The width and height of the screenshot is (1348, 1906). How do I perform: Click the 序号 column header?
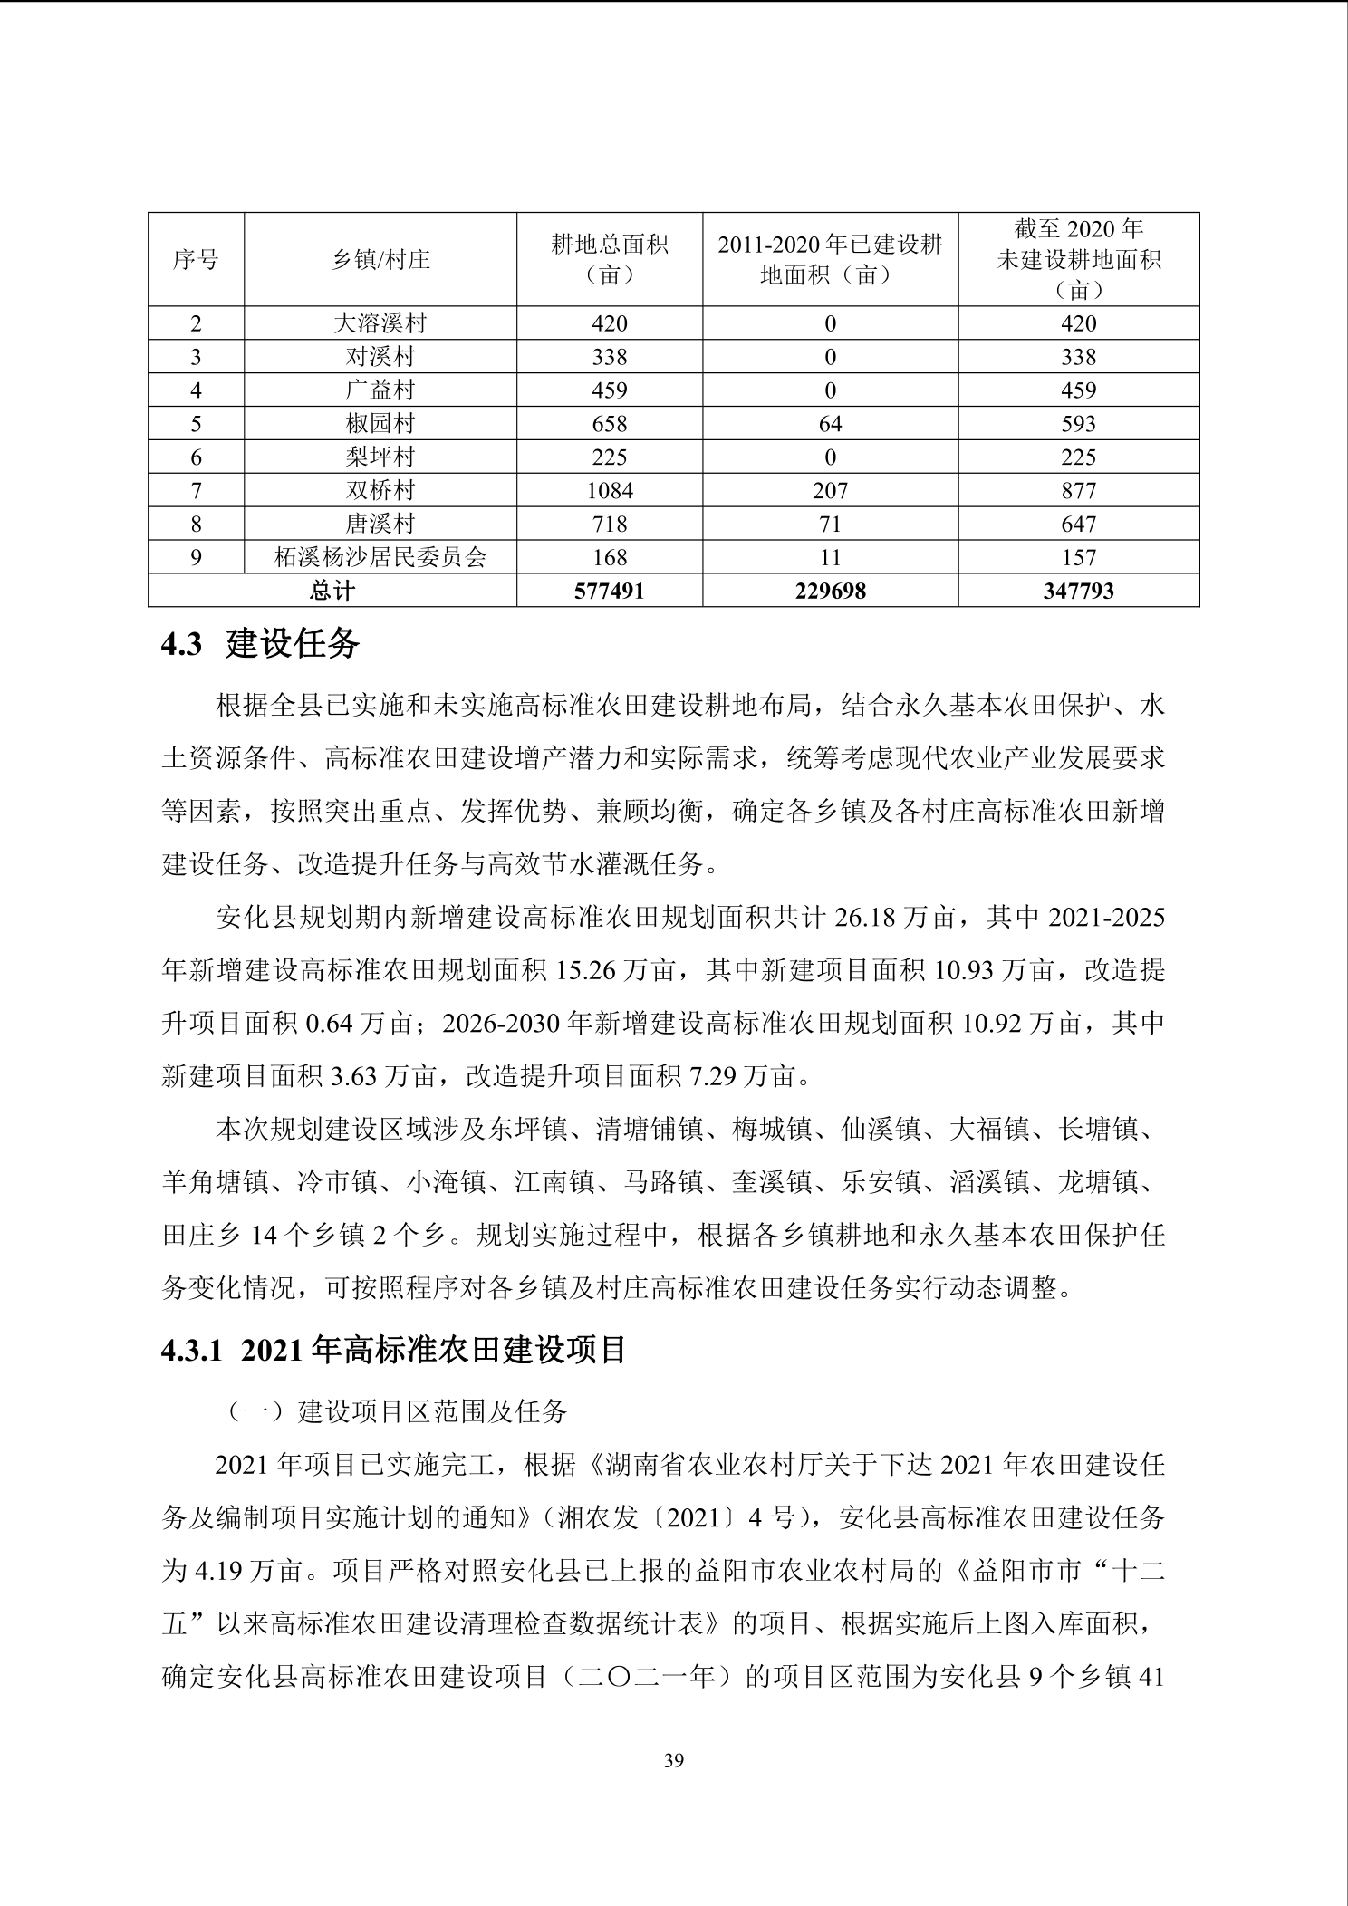coord(196,260)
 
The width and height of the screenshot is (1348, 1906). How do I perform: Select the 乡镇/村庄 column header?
coord(380,260)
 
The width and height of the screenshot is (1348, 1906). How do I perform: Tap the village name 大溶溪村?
coord(380,323)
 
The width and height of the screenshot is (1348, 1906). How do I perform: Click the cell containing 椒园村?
coord(380,423)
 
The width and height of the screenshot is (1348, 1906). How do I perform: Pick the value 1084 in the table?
coord(610,490)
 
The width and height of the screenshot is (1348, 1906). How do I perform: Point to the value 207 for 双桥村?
coord(830,490)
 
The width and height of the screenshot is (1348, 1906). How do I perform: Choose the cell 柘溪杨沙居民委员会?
coord(380,557)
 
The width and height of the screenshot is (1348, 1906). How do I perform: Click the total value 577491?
coord(610,591)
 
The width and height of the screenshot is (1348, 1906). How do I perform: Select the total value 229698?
coord(830,591)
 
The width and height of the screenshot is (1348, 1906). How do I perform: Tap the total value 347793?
coord(1078,591)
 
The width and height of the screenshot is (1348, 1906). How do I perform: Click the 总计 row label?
coord(332,591)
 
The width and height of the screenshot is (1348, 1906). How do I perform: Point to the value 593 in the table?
coord(1078,423)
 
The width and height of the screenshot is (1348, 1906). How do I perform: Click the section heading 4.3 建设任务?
coord(260,644)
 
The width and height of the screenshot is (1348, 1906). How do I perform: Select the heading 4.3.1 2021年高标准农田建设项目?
coord(394,1350)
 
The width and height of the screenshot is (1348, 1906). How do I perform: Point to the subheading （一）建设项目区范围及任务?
coord(397,1411)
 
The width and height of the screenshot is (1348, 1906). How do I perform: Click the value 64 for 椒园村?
coord(830,423)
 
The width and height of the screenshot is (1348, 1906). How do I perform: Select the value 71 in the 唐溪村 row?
coord(830,524)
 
